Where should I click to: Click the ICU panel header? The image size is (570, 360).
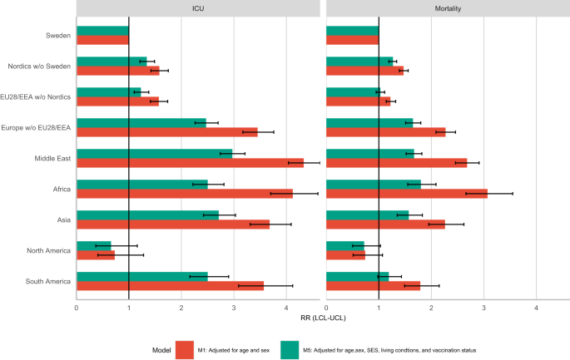coord(198,8)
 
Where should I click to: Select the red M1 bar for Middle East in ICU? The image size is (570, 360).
coord(190,163)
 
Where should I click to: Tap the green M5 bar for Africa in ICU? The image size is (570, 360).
coord(141,184)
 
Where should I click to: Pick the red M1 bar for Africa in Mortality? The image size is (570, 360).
coord(406,194)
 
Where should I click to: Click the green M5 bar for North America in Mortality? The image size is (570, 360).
coord(344,245)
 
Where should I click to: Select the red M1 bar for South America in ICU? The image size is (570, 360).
coord(170,286)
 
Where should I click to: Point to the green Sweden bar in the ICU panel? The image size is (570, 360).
coord(102,30)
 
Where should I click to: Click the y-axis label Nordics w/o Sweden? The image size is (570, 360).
coord(37,66)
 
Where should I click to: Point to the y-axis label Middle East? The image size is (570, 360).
coord(51,158)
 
